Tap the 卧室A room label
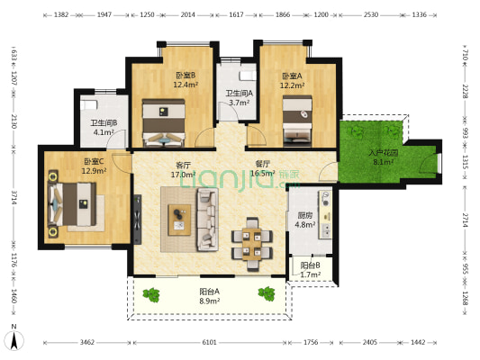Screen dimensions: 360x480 coord(291,76)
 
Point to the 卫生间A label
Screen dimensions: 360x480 coord(239,94)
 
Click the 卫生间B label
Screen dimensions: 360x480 coord(103,123)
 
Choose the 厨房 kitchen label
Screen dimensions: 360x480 coord(305,215)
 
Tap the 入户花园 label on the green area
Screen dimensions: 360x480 coord(382,153)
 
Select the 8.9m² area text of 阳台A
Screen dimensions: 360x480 coord(210,301)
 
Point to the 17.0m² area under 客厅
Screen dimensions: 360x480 coord(186,175)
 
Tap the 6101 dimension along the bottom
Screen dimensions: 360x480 coord(209,343)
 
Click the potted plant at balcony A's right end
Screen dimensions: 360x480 coord(267,292)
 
